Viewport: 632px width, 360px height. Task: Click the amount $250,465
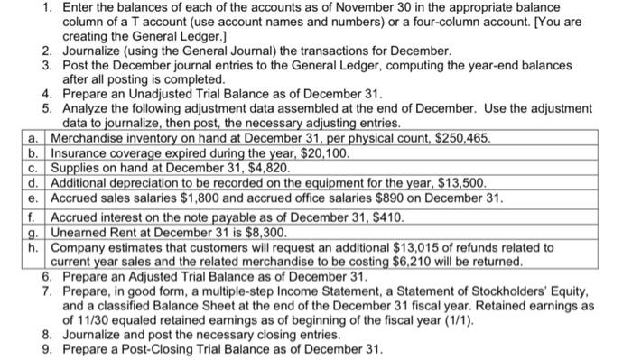coord(463,139)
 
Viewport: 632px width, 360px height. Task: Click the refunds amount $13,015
coord(419,246)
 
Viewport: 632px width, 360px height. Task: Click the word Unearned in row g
coord(82,232)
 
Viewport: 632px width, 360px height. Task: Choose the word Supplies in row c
coord(79,169)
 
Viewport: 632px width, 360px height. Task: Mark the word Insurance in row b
coord(84,154)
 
